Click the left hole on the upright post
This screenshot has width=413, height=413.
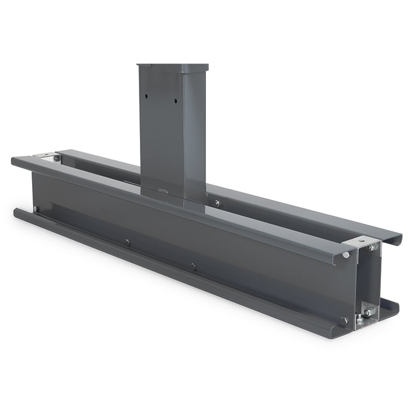pos(147,96)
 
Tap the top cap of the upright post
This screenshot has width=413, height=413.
pos(172,67)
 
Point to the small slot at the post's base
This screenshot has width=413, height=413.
pos(163,190)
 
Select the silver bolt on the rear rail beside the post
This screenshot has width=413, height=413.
pos(217,203)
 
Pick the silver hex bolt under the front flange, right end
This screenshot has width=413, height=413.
pos(345,255)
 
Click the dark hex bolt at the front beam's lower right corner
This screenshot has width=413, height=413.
pos(344,321)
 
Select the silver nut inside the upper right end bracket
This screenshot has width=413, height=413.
pos(371,247)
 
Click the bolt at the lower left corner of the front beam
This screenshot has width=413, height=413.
pos(36,209)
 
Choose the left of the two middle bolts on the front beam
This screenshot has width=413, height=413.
pos(128,242)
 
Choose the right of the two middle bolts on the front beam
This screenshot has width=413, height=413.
pos(193,266)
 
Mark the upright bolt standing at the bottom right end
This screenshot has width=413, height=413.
pos(358,319)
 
